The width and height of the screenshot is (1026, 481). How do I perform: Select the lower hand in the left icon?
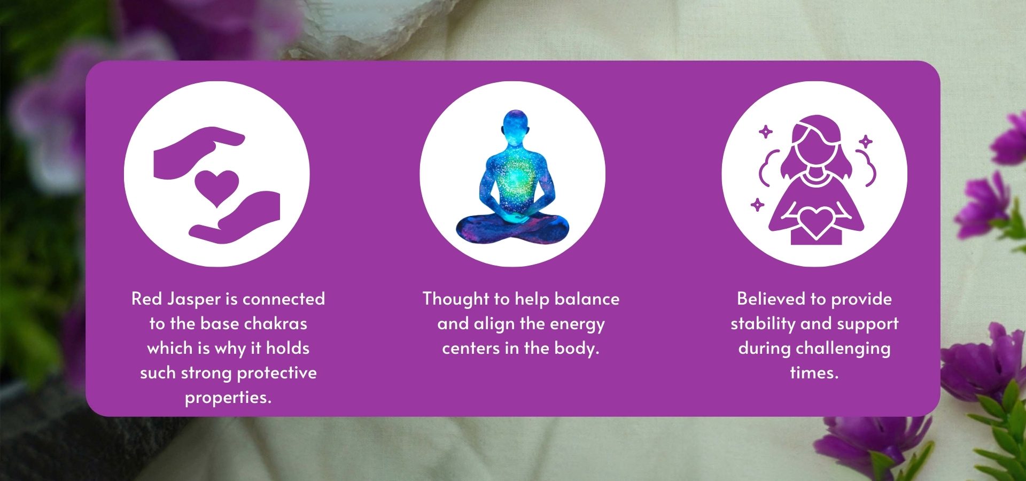pyautogui.click(x=235, y=219)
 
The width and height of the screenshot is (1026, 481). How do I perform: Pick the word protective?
pyautogui.click(x=277, y=373)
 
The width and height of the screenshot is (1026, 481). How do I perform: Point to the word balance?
pyautogui.click(x=587, y=299)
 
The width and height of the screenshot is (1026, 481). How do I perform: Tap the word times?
pyautogui.click(x=814, y=373)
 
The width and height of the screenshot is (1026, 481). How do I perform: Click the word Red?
pyautogui.click(x=146, y=299)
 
